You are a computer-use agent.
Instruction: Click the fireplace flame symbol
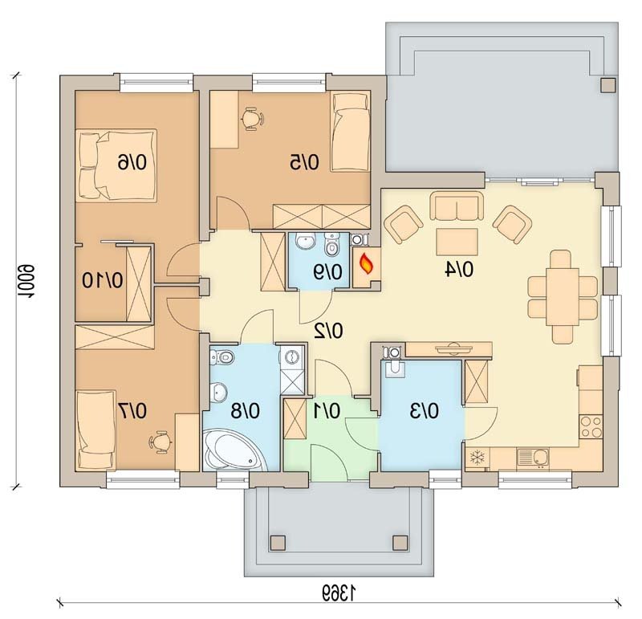[x=367, y=264]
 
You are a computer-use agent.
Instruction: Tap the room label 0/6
[x=132, y=163]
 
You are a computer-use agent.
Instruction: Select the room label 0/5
[x=304, y=163]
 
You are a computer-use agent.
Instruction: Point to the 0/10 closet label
[x=103, y=281]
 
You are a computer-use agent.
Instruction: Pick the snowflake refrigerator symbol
[x=477, y=457]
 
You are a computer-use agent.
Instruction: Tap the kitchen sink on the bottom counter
[x=532, y=458]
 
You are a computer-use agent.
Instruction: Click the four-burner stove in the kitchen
[x=591, y=426]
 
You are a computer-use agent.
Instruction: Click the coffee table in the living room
[x=457, y=242]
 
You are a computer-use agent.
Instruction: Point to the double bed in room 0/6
[x=116, y=165]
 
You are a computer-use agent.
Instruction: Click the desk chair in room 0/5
[x=251, y=119]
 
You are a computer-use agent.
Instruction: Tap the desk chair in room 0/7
[x=160, y=442]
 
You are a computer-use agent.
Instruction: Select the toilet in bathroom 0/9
[x=331, y=245]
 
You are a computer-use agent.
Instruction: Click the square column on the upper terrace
[x=608, y=85]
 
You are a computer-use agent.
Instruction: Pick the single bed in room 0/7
[x=96, y=430]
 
